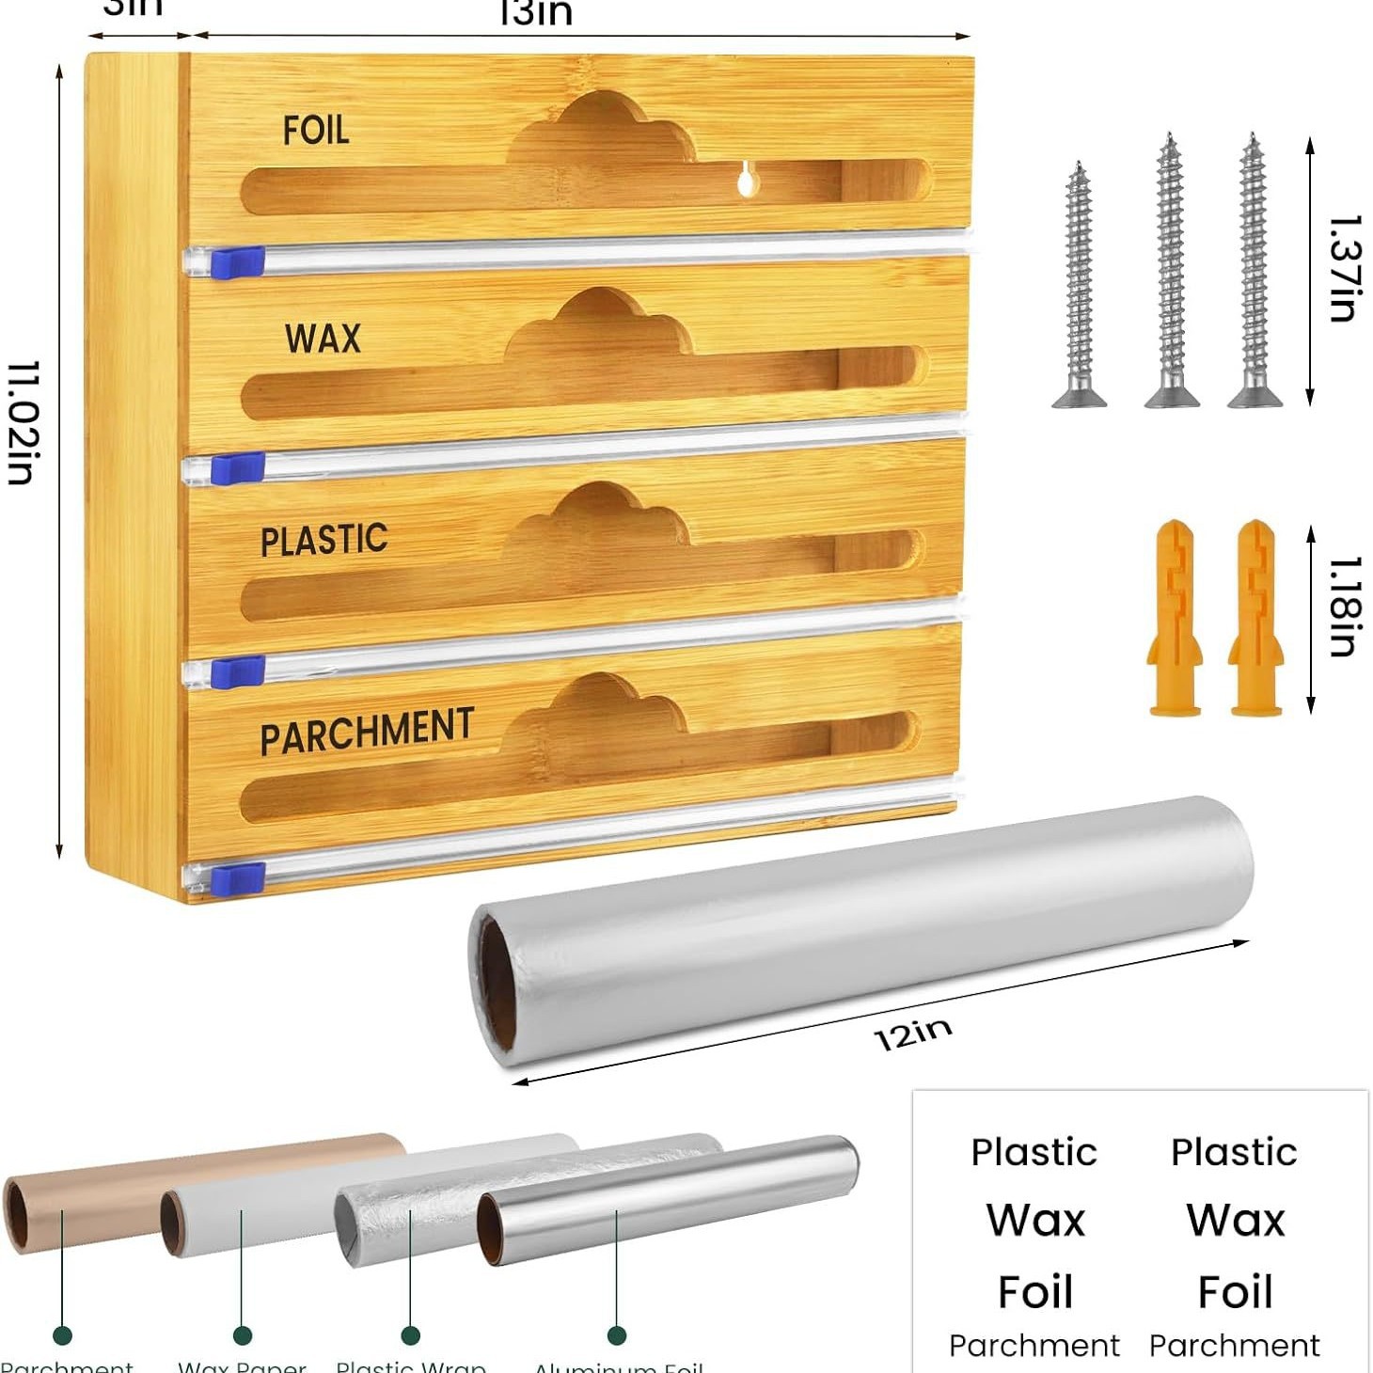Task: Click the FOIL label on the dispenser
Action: point(316,130)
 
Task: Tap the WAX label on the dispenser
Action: point(323,338)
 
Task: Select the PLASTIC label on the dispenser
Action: point(324,540)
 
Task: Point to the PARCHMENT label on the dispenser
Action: point(367,731)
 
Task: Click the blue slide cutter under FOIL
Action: point(237,260)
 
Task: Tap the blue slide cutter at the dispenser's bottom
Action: point(238,879)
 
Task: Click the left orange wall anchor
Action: point(1174,617)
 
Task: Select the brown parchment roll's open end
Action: point(18,1217)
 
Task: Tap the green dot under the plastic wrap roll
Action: point(411,1335)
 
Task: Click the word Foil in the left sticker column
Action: point(1034,1291)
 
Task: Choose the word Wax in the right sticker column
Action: point(1235,1221)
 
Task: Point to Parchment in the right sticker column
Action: point(1234,1346)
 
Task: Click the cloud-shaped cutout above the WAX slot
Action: point(598,325)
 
